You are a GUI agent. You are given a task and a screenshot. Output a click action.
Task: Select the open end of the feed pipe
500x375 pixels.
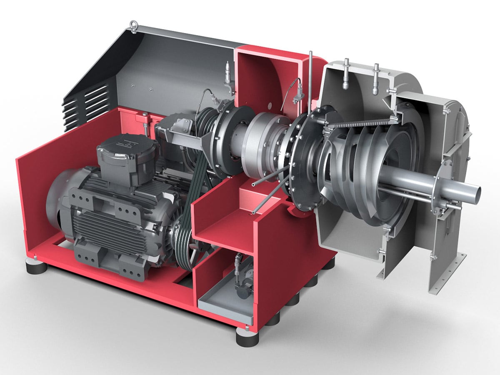[x=475, y=192]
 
